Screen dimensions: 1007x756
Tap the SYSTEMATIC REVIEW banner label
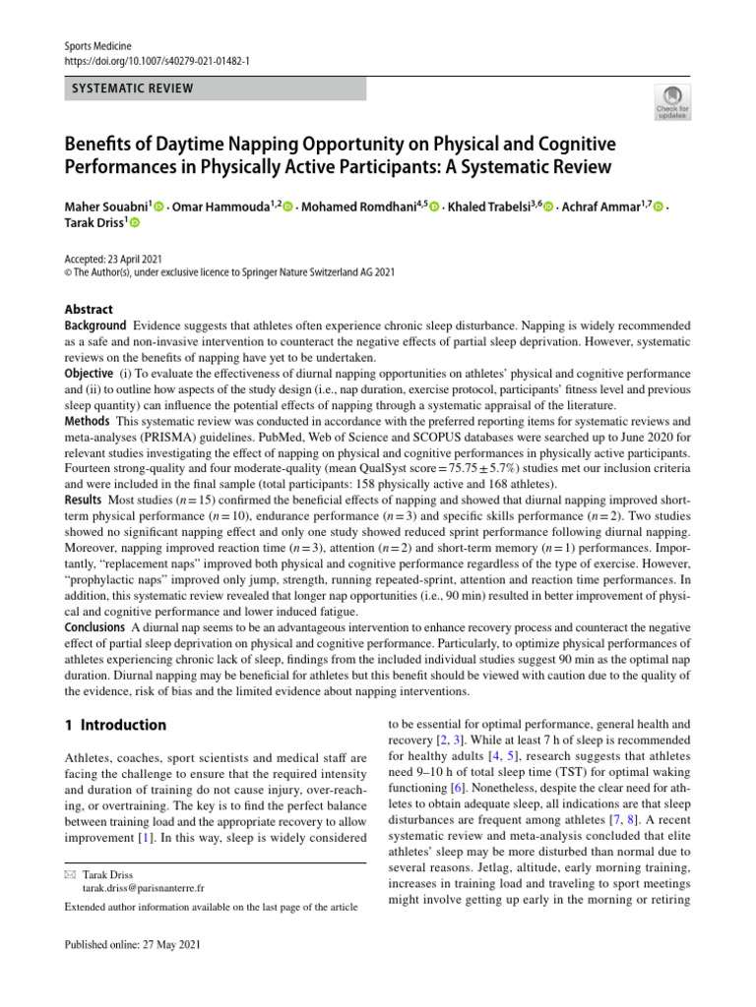pos(131,89)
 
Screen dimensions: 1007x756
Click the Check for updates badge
pos(671,102)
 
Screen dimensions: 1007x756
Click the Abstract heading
pos(89,309)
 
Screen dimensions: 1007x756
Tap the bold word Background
pos(95,326)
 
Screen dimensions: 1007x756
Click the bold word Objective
pos(90,374)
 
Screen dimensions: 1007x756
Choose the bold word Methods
pos(88,421)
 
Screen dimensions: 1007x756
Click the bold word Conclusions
pos(94,627)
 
